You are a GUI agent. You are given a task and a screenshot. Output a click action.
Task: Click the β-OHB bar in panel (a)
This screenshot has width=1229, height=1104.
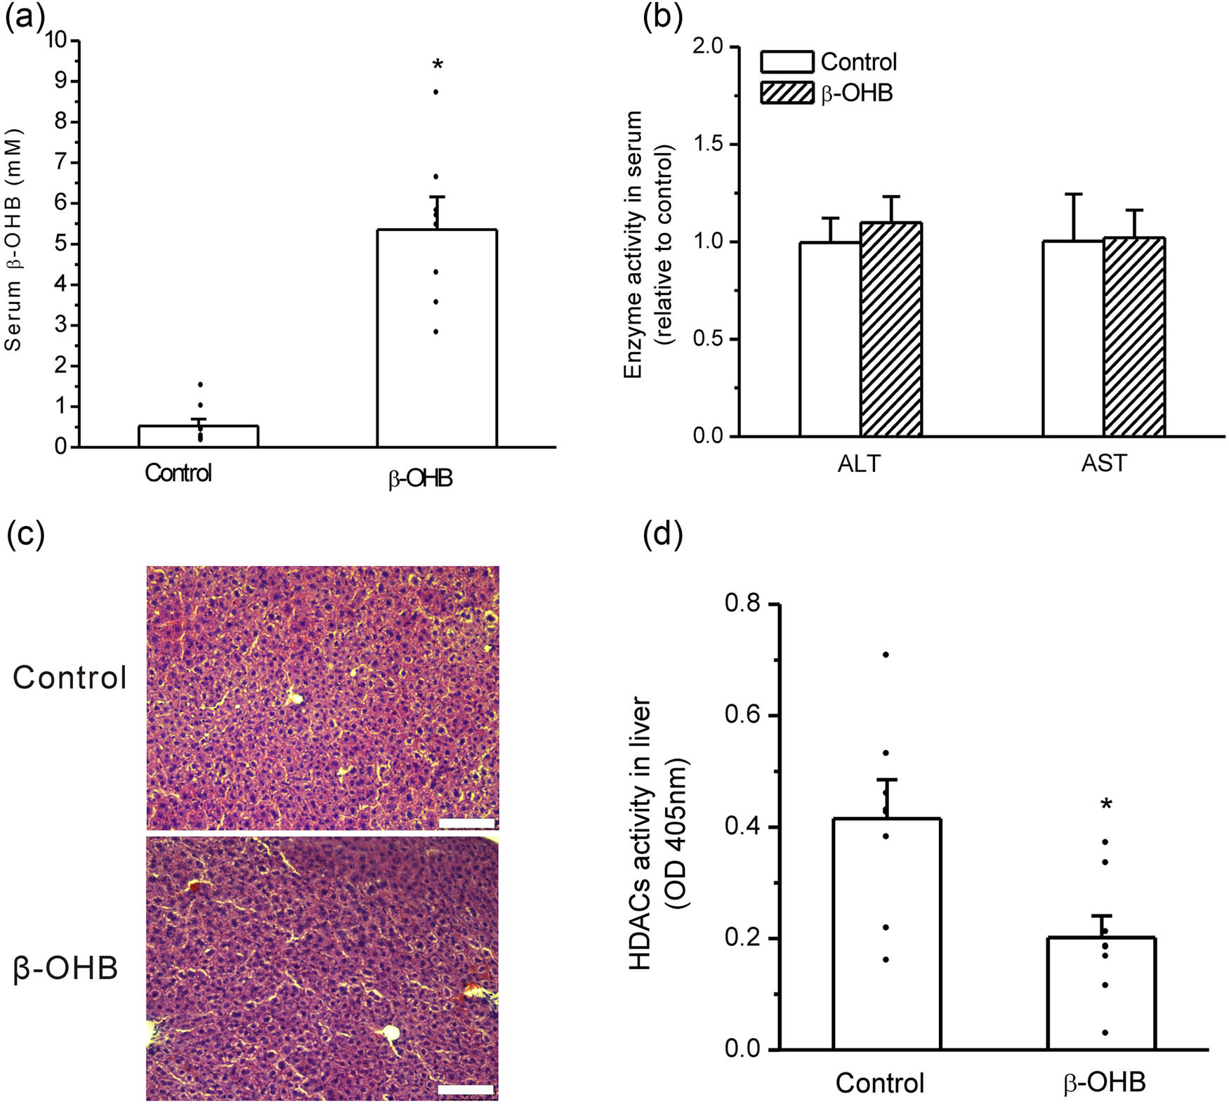click(x=437, y=338)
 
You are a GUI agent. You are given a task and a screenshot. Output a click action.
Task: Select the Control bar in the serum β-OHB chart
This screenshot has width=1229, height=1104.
click(x=199, y=436)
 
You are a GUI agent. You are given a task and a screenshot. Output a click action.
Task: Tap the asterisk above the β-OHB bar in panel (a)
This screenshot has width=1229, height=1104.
click(x=438, y=65)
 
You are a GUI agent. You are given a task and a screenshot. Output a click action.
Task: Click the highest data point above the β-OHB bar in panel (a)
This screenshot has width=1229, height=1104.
click(x=436, y=92)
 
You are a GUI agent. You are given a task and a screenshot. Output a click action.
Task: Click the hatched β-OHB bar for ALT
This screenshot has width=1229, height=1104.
click(x=891, y=329)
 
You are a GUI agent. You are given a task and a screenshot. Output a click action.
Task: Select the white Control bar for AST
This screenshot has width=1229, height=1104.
click(x=1072, y=339)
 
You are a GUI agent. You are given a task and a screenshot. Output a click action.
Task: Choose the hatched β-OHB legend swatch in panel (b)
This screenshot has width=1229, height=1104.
click(x=787, y=93)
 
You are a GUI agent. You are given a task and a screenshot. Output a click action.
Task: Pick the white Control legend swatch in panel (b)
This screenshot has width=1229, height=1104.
click(x=787, y=62)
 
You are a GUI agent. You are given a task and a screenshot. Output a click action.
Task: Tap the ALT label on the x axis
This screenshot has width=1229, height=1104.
click(x=858, y=464)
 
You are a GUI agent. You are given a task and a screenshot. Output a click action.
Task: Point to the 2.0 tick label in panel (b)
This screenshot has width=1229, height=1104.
click(x=707, y=46)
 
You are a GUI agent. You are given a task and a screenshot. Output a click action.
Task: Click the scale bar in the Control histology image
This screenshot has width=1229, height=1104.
click(x=466, y=822)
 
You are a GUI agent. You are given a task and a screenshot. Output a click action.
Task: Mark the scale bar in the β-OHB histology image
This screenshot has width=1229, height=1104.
click(x=466, y=1089)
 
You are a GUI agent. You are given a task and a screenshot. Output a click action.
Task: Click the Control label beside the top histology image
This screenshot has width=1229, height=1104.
click(x=70, y=678)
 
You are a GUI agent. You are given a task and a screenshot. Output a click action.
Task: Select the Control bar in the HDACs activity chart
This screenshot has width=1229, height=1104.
click(x=886, y=934)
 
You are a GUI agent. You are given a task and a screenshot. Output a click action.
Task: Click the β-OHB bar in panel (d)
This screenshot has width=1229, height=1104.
click(x=1101, y=994)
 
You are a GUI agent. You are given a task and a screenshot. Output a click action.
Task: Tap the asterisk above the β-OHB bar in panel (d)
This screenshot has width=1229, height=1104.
click(x=1106, y=805)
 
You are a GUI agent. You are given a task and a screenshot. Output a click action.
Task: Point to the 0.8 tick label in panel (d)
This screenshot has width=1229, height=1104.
click(x=744, y=603)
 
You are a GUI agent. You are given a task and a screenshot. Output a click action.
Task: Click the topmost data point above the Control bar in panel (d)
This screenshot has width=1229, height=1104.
click(x=886, y=655)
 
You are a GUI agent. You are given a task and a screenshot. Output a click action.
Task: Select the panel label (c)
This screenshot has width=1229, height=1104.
click(x=25, y=534)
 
